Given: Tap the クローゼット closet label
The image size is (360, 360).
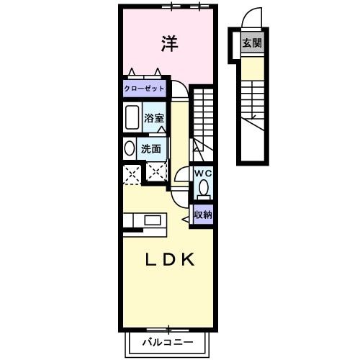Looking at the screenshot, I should click(x=144, y=89).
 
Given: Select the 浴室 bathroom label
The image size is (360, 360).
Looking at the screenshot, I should click(x=153, y=118).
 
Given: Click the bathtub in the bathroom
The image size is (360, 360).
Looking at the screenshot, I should click(x=132, y=117).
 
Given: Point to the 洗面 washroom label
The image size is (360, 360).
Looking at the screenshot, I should click(x=150, y=149).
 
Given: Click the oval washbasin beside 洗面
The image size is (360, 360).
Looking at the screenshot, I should click(x=130, y=149).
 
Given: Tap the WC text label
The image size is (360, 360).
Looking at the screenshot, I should click(x=202, y=174).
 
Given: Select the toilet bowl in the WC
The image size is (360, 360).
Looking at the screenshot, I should click(x=203, y=189).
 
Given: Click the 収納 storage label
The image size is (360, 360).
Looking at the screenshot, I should click(x=202, y=215).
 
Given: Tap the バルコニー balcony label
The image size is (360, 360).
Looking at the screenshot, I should click(x=166, y=341).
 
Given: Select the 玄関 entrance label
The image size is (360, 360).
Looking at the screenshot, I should click(x=251, y=43).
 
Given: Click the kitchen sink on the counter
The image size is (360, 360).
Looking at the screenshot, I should click(x=153, y=220).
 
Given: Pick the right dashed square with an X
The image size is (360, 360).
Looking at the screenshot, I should click(x=155, y=172).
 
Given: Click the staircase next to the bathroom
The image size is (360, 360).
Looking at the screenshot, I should click(x=204, y=119).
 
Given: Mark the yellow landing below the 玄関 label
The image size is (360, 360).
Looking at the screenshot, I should click(x=251, y=68).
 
